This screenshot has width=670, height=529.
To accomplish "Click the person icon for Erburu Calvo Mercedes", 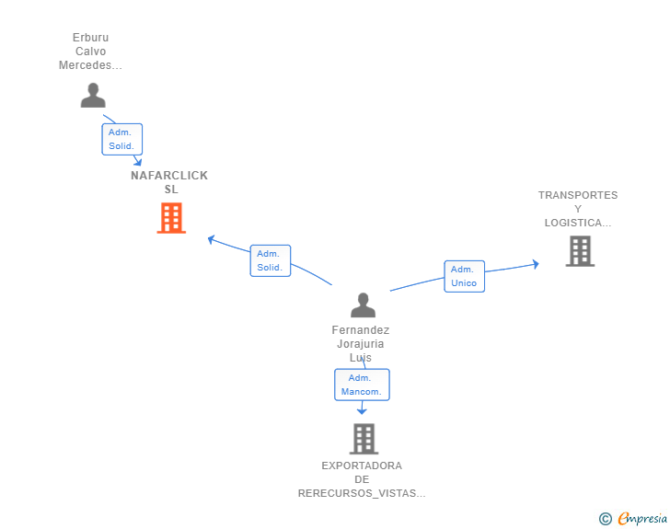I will point(93,96).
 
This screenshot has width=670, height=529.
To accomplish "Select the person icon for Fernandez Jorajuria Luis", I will point(364,305).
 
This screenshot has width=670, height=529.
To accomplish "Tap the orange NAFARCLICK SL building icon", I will point(171,218).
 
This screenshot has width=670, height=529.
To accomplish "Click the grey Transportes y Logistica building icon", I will point(579,251).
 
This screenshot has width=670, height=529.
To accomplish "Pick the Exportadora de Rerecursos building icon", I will point(364,439).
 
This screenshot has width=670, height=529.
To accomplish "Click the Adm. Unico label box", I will point(464,277).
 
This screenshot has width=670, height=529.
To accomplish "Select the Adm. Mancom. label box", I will point(362,385).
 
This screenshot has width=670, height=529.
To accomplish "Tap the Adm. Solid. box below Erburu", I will point(121,139).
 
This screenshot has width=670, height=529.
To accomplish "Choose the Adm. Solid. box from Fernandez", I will point(270,260).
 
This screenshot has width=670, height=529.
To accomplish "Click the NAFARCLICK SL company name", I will point(169,182).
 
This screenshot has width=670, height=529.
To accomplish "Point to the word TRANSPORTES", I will point(578,195).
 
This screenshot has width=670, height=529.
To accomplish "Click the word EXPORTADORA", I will point(362,466).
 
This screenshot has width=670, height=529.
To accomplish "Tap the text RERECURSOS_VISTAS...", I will point(361,494).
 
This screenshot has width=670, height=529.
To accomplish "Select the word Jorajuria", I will point(361,344).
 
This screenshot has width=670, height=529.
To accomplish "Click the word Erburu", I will point(90,38).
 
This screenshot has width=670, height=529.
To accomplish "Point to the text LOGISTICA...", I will point(577,223).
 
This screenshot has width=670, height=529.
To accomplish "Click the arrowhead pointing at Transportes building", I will point(536,264).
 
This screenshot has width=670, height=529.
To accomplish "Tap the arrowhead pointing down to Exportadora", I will point(362,411).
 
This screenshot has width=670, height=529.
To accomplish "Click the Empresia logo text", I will point(642,519).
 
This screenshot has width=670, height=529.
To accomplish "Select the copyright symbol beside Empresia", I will point(606,520).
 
